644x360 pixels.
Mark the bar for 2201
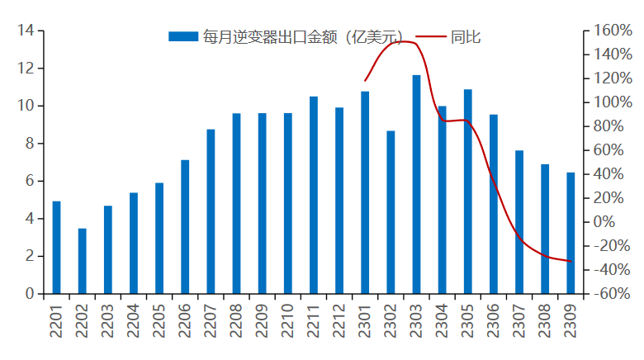57,248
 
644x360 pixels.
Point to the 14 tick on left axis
25,31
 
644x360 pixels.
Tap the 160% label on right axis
608,31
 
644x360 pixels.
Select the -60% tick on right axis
608,294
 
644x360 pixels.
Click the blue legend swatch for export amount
183,36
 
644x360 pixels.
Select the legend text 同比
466,36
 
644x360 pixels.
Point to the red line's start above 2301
365,81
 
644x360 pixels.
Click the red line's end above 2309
571,261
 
